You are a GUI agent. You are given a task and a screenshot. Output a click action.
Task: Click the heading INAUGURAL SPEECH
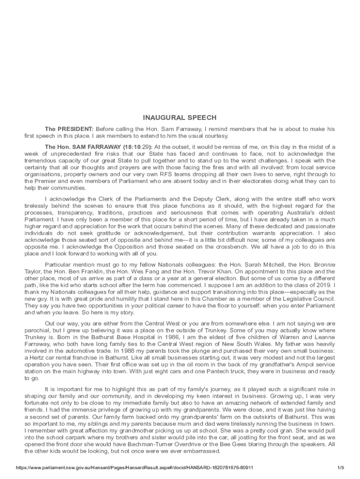180,117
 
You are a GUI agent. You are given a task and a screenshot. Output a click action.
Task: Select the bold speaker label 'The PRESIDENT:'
69,129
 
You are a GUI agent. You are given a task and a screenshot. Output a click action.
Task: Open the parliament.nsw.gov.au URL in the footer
134,468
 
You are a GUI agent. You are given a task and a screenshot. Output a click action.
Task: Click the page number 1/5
340,468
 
